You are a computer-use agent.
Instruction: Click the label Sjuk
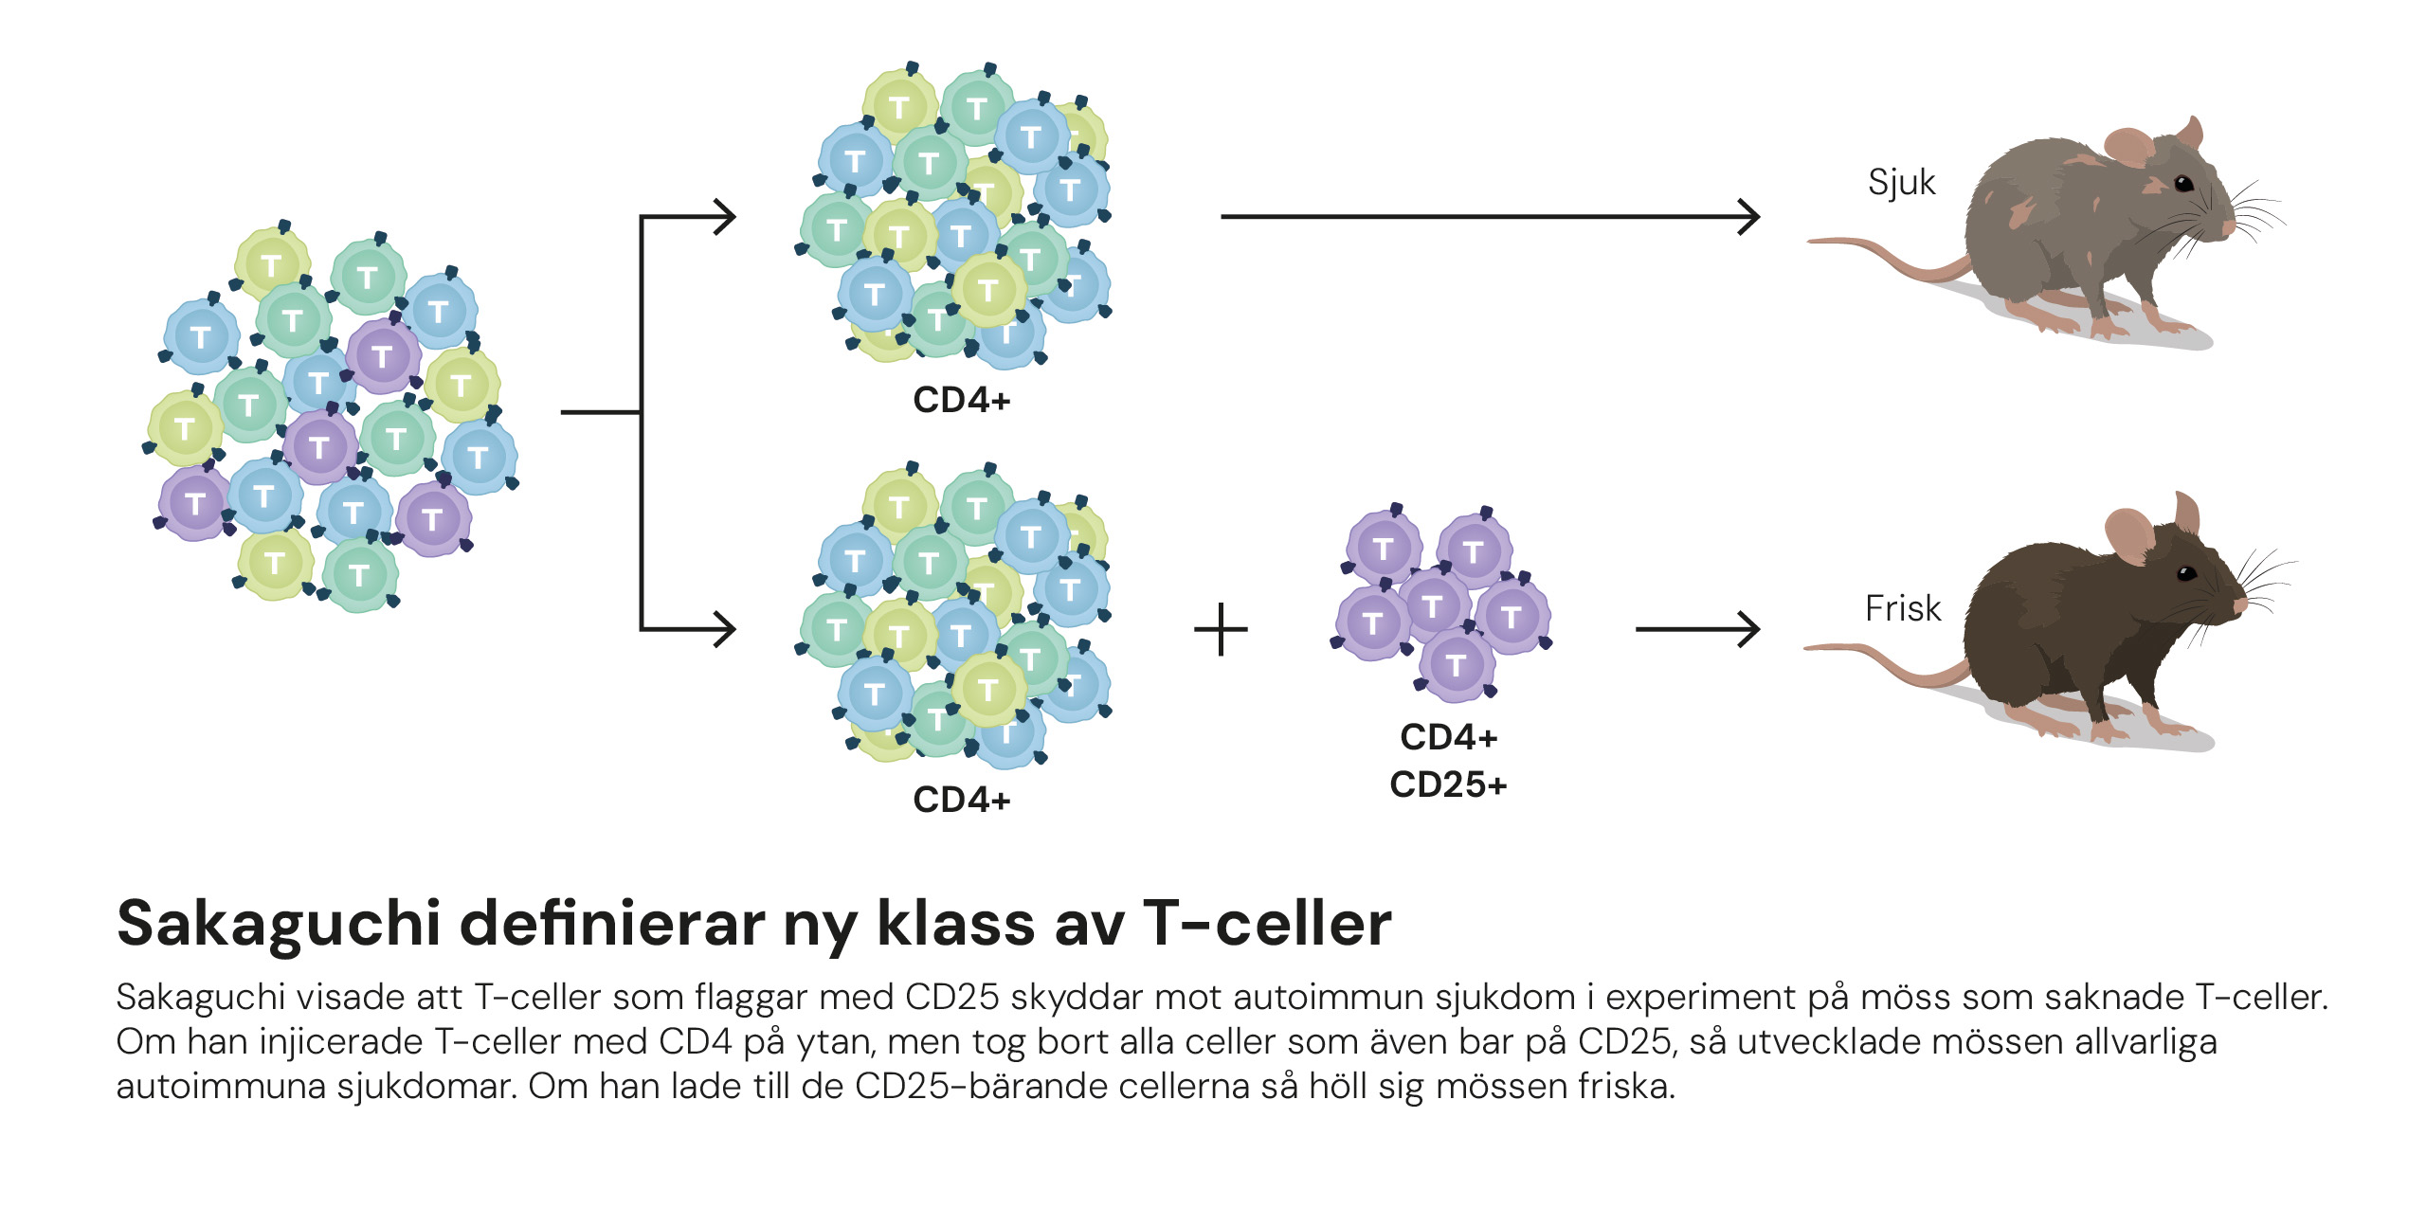(1901, 183)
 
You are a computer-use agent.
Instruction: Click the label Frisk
(1902, 608)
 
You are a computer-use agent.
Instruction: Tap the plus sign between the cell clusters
(1221, 630)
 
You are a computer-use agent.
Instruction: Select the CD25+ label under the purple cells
(1448, 784)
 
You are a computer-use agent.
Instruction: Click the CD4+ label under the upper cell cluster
(961, 400)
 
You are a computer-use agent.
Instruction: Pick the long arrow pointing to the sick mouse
(1488, 217)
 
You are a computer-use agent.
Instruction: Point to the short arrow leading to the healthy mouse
(1696, 629)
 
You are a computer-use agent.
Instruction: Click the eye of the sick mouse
(2182, 183)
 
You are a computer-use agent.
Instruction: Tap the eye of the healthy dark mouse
(2186, 573)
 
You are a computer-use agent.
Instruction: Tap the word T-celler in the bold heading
(1267, 924)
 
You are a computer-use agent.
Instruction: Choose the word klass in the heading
(955, 924)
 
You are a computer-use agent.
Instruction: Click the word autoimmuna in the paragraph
(220, 1086)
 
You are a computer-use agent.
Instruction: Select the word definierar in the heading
(612, 924)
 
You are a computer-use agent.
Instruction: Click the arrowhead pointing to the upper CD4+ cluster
(725, 217)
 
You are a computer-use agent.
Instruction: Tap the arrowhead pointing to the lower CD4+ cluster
(725, 629)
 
